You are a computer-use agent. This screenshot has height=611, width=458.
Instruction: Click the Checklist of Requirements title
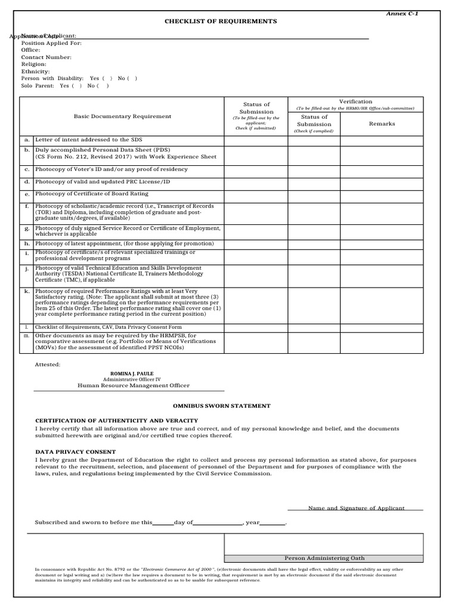tap(221, 21)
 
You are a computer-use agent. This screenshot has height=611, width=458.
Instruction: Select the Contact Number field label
tap(47, 57)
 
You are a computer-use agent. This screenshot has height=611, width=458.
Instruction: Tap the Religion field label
tap(34, 64)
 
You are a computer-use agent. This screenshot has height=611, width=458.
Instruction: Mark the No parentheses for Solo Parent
tap(103, 85)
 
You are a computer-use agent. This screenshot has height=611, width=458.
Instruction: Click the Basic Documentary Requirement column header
tap(122, 116)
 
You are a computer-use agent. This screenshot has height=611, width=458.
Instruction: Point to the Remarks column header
tap(382, 124)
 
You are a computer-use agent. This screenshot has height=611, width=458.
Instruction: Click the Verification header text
tap(355, 101)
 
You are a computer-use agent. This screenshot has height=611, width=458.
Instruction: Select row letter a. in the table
tap(27, 140)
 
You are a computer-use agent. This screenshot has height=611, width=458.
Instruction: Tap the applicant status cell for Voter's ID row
tap(256, 169)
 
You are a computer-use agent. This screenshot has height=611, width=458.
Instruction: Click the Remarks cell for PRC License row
tap(382, 181)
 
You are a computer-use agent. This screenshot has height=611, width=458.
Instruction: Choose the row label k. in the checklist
tap(27, 291)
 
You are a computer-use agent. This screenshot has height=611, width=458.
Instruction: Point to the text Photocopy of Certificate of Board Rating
tap(92, 194)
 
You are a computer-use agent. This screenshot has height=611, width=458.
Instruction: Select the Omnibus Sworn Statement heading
tap(221, 406)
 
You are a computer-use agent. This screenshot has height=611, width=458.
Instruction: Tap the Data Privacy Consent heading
tap(76, 452)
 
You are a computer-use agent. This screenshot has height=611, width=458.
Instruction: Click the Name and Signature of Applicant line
tap(356, 508)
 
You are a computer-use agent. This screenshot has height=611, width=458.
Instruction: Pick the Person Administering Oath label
tap(324, 558)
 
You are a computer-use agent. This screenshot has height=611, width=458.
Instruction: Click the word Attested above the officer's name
tap(48, 363)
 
